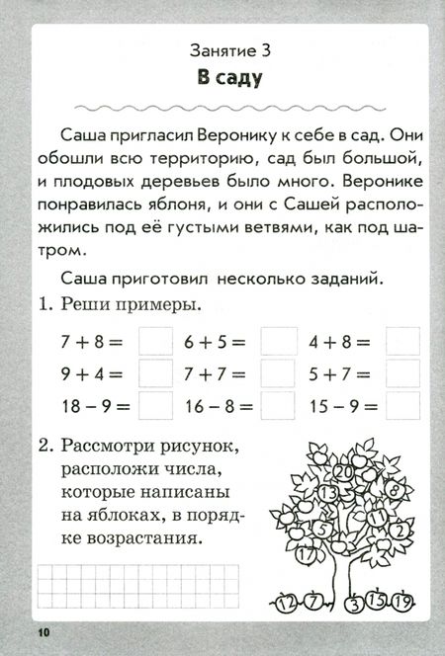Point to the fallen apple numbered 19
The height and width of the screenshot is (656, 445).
tap(402, 600)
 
